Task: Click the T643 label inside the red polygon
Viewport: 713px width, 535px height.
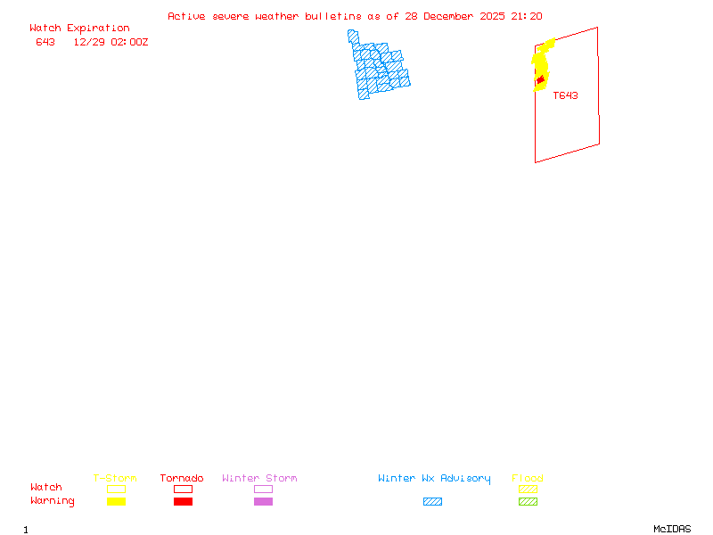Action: coord(565,95)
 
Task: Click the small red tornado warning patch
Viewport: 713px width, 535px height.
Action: coord(539,81)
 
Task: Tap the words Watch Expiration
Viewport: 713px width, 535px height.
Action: coord(79,29)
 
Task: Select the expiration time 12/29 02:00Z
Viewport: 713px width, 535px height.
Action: coord(111,42)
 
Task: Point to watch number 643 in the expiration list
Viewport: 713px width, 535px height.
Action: coord(45,42)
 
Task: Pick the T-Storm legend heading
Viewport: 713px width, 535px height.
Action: coord(115,479)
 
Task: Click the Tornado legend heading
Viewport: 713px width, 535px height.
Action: coord(182,479)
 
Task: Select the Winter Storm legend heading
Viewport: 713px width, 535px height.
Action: coord(259,479)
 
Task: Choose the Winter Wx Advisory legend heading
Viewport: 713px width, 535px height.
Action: coord(434,479)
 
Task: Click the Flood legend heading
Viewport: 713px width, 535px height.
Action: coord(528,479)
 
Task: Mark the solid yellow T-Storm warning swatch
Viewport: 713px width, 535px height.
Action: coord(116,502)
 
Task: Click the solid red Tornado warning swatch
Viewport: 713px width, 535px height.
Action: coord(183,502)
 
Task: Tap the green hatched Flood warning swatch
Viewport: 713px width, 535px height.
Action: coord(529,502)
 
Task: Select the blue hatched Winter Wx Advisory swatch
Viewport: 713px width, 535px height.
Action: coord(432,502)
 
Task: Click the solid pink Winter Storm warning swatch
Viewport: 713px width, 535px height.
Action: coord(263,502)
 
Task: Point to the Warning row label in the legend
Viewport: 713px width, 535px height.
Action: coord(53,501)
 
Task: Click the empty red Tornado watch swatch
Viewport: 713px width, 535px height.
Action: coord(183,489)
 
